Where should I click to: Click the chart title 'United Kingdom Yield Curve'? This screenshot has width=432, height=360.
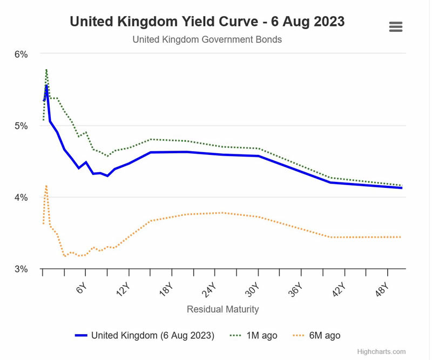(207, 22)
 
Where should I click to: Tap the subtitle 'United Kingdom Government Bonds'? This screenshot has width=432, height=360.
(207, 39)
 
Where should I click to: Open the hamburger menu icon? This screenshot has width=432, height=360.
(396, 27)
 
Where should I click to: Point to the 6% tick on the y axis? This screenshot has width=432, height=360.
(21, 54)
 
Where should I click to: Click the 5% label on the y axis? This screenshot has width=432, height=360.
(21, 126)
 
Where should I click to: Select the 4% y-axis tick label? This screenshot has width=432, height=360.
(21, 198)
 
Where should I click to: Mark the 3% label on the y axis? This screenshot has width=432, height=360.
(21, 269)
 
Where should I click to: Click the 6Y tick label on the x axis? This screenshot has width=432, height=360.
(81, 288)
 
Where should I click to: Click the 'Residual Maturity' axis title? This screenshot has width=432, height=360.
(222, 309)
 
